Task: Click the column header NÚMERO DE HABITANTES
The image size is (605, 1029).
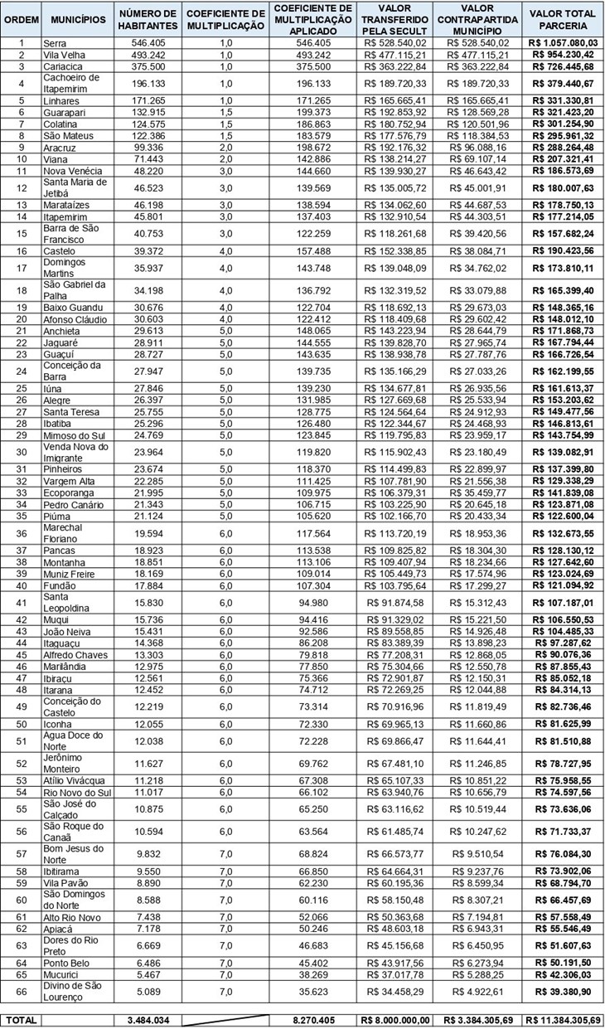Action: (x=148, y=19)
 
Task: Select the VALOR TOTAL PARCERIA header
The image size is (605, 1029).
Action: (x=564, y=19)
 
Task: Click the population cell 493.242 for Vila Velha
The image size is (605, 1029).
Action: (x=148, y=55)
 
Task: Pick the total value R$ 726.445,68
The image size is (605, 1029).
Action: (x=564, y=66)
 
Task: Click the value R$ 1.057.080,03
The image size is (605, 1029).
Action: (x=564, y=42)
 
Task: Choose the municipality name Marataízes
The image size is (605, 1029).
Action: (x=66, y=205)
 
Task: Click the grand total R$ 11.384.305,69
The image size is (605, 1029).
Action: (x=564, y=1020)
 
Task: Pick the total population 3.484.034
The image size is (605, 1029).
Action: (x=148, y=1020)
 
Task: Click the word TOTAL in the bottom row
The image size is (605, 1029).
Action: (x=21, y=1020)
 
